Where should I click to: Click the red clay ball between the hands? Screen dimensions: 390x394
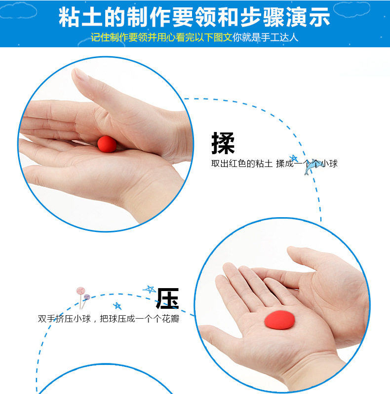107,144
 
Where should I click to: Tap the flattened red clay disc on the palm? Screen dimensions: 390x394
279,320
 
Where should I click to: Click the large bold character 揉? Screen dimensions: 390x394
223,143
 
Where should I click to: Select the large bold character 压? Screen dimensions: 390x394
167,298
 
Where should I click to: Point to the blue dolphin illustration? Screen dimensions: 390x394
312,166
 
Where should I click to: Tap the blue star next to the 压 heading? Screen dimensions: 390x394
150,289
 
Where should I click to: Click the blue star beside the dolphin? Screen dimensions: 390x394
294,158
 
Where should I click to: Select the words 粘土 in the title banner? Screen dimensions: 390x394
80,17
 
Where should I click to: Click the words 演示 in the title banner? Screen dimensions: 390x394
309,17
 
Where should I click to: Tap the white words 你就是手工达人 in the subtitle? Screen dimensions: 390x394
265,37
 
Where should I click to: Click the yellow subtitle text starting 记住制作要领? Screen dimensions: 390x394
161,37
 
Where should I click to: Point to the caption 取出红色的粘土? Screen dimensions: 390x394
242,164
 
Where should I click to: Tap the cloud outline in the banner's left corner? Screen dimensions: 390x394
18,10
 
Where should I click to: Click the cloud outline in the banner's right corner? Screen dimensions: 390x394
352,9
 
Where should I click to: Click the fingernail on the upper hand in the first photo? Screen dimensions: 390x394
80,73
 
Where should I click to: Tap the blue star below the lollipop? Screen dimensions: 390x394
117,306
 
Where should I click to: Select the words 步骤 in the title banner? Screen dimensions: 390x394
263,17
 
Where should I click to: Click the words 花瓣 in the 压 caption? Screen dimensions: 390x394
170,319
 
